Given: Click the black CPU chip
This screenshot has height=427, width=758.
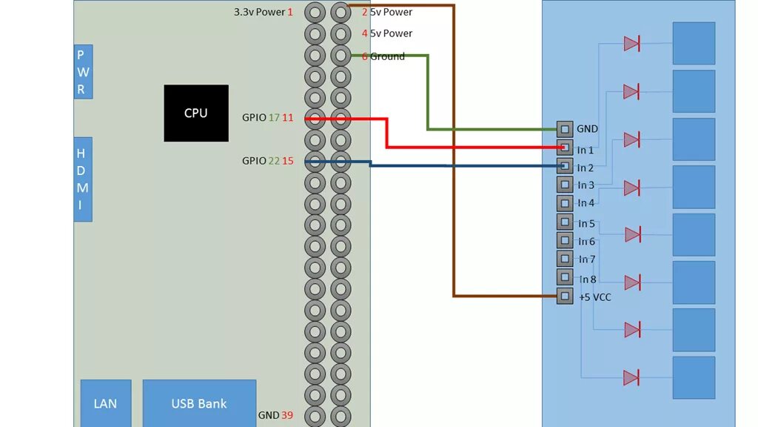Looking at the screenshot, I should click(x=195, y=113).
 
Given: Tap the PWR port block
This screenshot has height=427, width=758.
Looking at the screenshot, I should click(x=83, y=72).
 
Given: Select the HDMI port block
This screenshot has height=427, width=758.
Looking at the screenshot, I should click(x=83, y=179).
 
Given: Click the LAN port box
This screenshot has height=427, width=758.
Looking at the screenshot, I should click(x=105, y=403).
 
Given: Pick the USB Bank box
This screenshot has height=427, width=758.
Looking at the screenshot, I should click(x=199, y=403).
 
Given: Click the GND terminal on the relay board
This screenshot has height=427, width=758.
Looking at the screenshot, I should click(x=564, y=129).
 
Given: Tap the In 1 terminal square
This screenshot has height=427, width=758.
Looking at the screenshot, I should click(x=564, y=148).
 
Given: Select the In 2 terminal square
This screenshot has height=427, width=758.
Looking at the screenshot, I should click(x=564, y=165).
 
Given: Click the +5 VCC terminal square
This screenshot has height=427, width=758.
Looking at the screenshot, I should click(x=564, y=297).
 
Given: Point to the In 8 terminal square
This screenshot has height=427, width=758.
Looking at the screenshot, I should click(x=564, y=277).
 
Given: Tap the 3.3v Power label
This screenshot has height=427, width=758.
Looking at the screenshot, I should click(x=259, y=12).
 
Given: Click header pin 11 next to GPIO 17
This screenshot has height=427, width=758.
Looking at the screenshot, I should click(x=315, y=119).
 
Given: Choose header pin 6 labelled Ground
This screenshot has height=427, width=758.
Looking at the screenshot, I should click(x=341, y=55).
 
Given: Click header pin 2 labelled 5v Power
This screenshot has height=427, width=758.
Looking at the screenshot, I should click(x=341, y=12).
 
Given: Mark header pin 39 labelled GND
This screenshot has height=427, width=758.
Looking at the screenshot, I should click(x=315, y=415).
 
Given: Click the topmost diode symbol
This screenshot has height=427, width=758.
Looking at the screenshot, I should click(x=631, y=44).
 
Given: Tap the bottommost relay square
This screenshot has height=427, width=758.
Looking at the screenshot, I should click(x=694, y=377).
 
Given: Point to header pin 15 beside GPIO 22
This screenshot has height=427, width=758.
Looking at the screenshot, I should click(x=315, y=161).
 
